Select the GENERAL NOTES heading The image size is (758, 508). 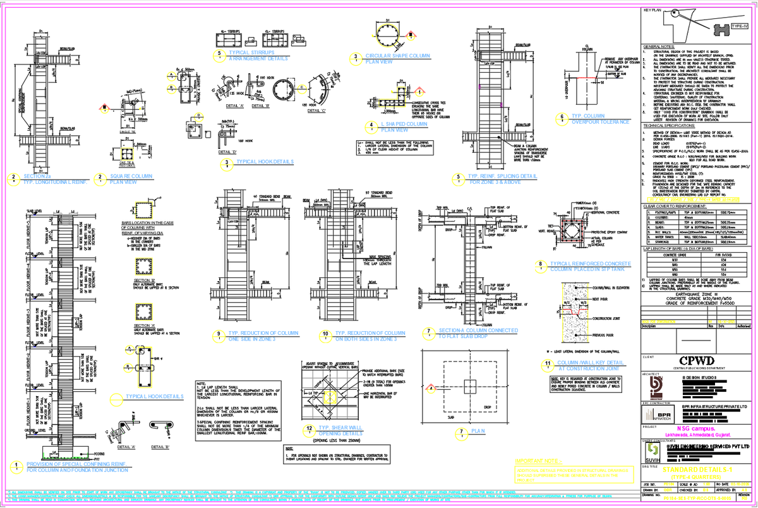click(x=659, y=47)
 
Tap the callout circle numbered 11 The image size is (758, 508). click(x=546, y=363)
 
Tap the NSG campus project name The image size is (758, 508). click(x=699, y=428)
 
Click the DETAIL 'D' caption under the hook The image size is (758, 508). click(x=226, y=152)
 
